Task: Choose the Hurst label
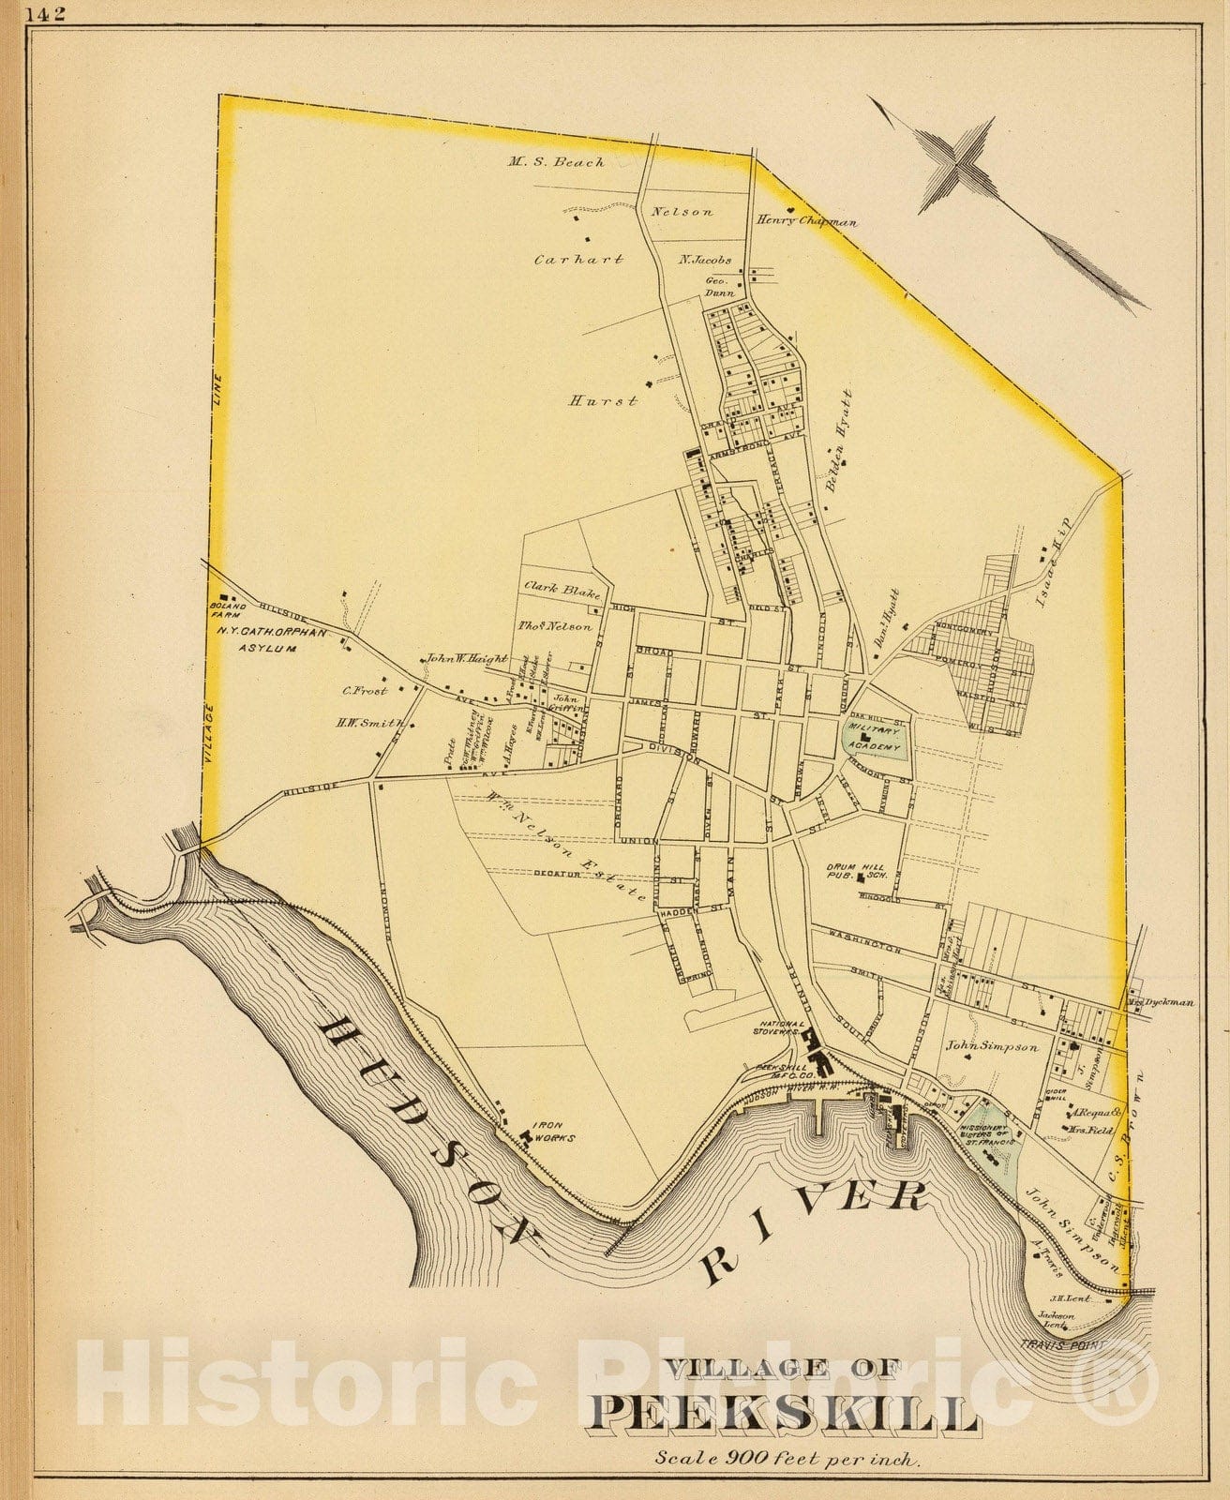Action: click(x=604, y=400)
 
